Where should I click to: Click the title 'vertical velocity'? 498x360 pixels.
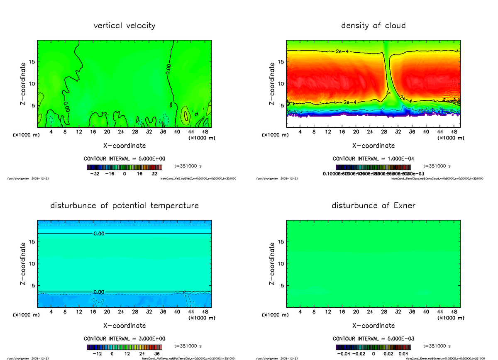coord(124,26)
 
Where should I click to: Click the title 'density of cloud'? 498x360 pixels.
coord(373,26)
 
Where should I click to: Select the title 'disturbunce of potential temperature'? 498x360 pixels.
coord(124,206)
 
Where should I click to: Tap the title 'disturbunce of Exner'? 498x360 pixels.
coord(373,206)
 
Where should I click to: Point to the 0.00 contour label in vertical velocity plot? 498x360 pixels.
coord(167,69)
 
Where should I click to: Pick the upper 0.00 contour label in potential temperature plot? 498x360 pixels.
coord(99,234)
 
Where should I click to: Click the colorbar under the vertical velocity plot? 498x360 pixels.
coord(124,167)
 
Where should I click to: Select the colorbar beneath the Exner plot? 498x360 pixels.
coord(373,347)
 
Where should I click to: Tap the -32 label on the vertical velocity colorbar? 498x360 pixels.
coord(96,174)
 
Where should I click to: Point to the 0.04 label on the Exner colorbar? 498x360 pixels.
coord(404,354)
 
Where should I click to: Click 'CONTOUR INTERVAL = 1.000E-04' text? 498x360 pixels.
coord(373,159)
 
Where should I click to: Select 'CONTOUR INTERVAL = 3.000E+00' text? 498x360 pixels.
coord(124,339)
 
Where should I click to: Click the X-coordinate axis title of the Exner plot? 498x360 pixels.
coord(373,326)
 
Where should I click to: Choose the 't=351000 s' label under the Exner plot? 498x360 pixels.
coord(437,346)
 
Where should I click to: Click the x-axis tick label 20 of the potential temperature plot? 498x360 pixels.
coord(107,312)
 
